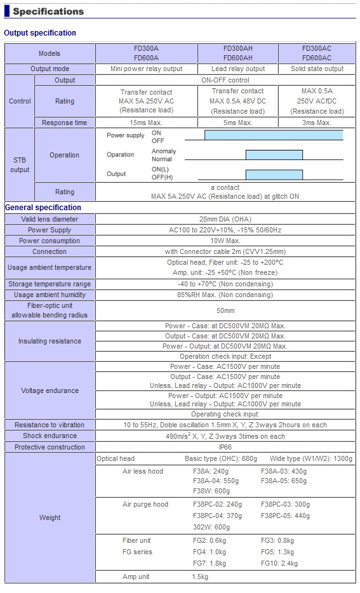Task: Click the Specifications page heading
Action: pyautogui.click(x=48, y=11)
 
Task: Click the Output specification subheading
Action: pyautogui.click(x=40, y=33)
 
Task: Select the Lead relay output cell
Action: pyautogui.click(x=238, y=69)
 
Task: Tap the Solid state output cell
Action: pyautogui.click(x=317, y=69)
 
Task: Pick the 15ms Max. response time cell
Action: pyautogui.click(x=146, y=123)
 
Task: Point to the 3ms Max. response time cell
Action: pyautogui.click(x=317, y=123)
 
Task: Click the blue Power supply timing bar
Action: pyautogui.click(x=274, y=135)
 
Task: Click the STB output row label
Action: pyautogui.click(x=20, y=165)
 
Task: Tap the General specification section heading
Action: pyautogui.click(x=43, y=208)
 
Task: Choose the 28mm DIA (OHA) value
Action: pyautogui.click(x=225, y=219)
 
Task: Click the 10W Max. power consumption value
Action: pyautogui.click(x=225, y=241)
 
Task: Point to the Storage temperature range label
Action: pyautogui.click(x=50, y=284)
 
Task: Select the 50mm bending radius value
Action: pyautogui.click(x=225, y=310)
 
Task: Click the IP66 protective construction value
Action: pyautogui.click(x=225, y=447)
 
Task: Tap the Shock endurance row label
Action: pyautogui.click(x=50, y=436)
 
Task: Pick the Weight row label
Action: pyautogui.click(x=50, y=517)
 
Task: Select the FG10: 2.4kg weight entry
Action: pyautogui.click(x=279, y=563)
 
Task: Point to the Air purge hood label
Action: pyautogui.click(x=145, y=504)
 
